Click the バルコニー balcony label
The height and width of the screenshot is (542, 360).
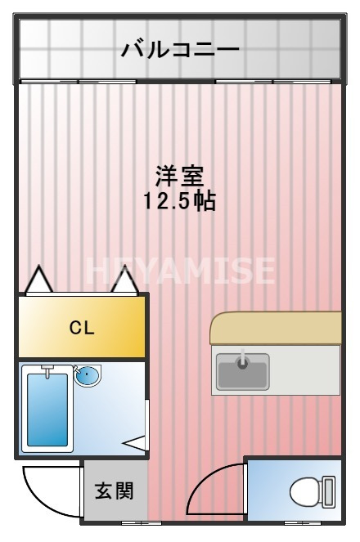click(x=180, y=49)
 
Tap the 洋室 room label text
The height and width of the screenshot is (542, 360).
click(x=180, y=175)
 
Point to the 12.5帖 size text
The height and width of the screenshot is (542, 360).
click(x=180, y=200)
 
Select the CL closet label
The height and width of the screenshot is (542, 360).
click(x=82, y=329)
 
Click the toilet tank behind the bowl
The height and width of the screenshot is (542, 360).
click(x=328, y=492)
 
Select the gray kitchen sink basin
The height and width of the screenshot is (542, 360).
click(x=242, y=370)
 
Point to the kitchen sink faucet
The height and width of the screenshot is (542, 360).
click(x=242, y=360)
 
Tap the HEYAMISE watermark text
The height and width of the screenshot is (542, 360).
click(x=180, y=270)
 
